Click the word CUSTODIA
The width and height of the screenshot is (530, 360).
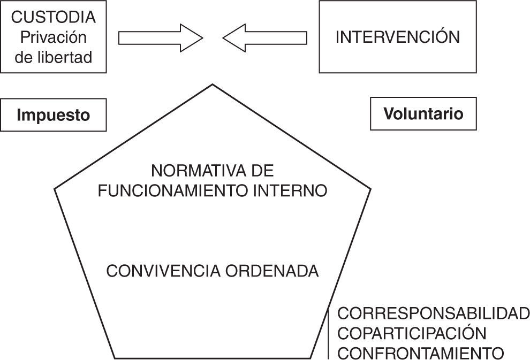click(x=54, y=17)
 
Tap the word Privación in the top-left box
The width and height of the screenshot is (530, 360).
click(x=53, y=37)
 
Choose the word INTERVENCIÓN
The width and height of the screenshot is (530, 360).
click(x=397, y=37)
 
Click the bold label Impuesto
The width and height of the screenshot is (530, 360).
click(x=53, y=115)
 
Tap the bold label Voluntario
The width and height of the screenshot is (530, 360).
click(x=423, y=113)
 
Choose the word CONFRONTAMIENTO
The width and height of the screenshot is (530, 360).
click(x=421, y=353)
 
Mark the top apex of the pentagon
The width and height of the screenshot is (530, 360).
click(x=213, y=85)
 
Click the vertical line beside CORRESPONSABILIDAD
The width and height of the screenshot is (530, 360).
click(x=328, y=333)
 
